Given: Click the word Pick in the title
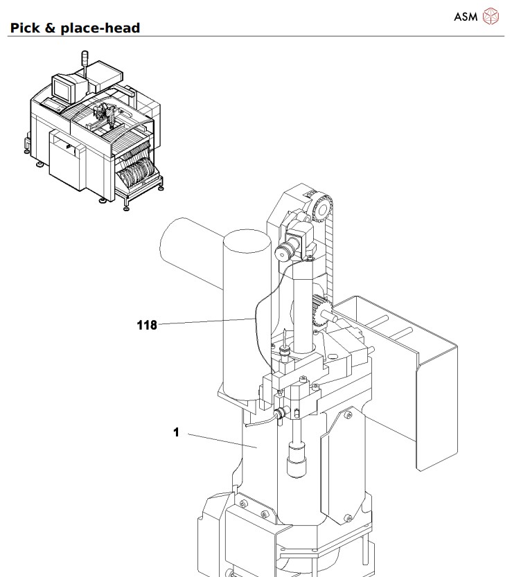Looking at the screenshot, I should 25,28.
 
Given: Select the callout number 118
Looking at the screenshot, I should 148,324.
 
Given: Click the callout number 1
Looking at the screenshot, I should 177,432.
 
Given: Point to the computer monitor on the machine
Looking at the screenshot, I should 64,88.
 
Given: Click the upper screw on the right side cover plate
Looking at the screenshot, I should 348,416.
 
